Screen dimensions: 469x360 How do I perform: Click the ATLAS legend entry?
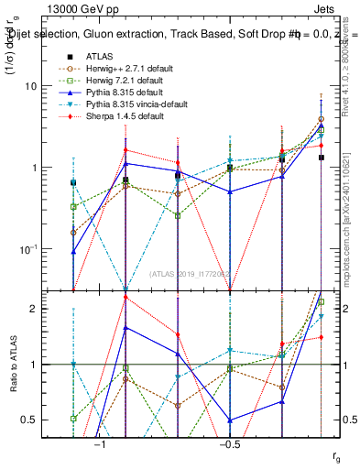pyautogui.click(x=98, y=55)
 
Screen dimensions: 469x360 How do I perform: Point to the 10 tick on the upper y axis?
pyautogui.click(x=49, y=86)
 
